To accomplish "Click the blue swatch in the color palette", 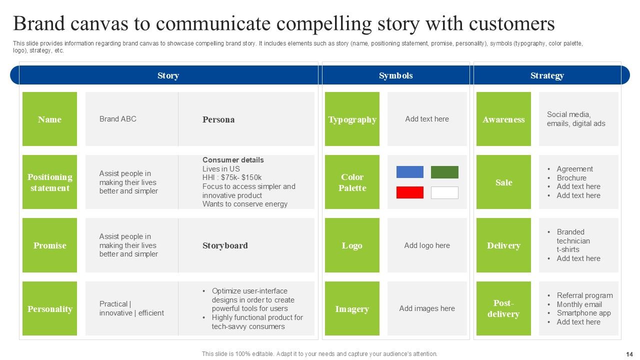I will pos(409,172).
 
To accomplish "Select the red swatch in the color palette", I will pos(409,192).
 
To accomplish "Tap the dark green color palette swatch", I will pos(444,172).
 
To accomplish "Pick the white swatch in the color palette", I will pos(444,192).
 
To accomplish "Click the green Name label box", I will pos(49,119).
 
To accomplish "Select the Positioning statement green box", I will pos(49,182).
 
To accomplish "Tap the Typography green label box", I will pos(352,119).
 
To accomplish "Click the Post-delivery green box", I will pos(503,308).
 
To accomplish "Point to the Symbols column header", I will pos(395,75).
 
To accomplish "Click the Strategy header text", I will pos(547,75).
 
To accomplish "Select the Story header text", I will pos(168,75).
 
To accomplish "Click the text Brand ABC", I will pos(117,119).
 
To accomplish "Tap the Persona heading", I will pos(218,119).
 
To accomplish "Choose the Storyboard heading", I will pos(225,245).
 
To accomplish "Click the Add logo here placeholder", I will pos(427,245).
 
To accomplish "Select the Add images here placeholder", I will pos(427,308).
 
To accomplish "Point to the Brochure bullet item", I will pos(571,178).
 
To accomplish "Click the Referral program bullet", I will pos(584,295).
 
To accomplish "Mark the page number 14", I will pos(629,354).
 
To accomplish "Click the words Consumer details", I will pos(233,160).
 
